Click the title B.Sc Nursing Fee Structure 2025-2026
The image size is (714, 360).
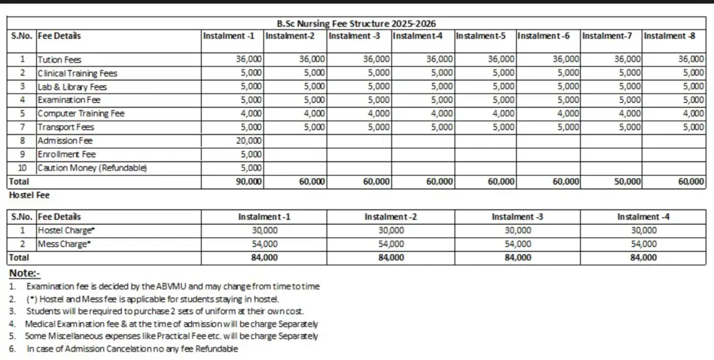pyautogui.click(x=357, y=24)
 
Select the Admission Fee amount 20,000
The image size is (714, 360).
pyautogui.click(x=250, y=141)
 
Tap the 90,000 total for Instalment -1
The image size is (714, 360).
pyautogui.click(x=250, y=182)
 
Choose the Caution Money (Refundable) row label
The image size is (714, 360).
pyautogui.click(x=92, y=168)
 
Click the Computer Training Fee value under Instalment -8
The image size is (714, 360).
pyautogui.click(x=693, y=114)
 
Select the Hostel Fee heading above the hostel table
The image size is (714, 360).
pyautogui.click(x=29, y=195)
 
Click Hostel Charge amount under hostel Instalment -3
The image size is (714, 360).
pyautogui.click(x=517, y=231)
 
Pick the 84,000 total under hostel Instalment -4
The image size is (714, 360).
pyautogui.click(x=644, y=258)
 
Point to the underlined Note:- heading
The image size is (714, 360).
pyautogui.click(x=25, y=274)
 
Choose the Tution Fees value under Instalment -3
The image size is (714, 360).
pyautogui.click(x=376, y=60)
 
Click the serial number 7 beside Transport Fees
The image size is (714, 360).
pyautogui.click(x=22, y=127)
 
